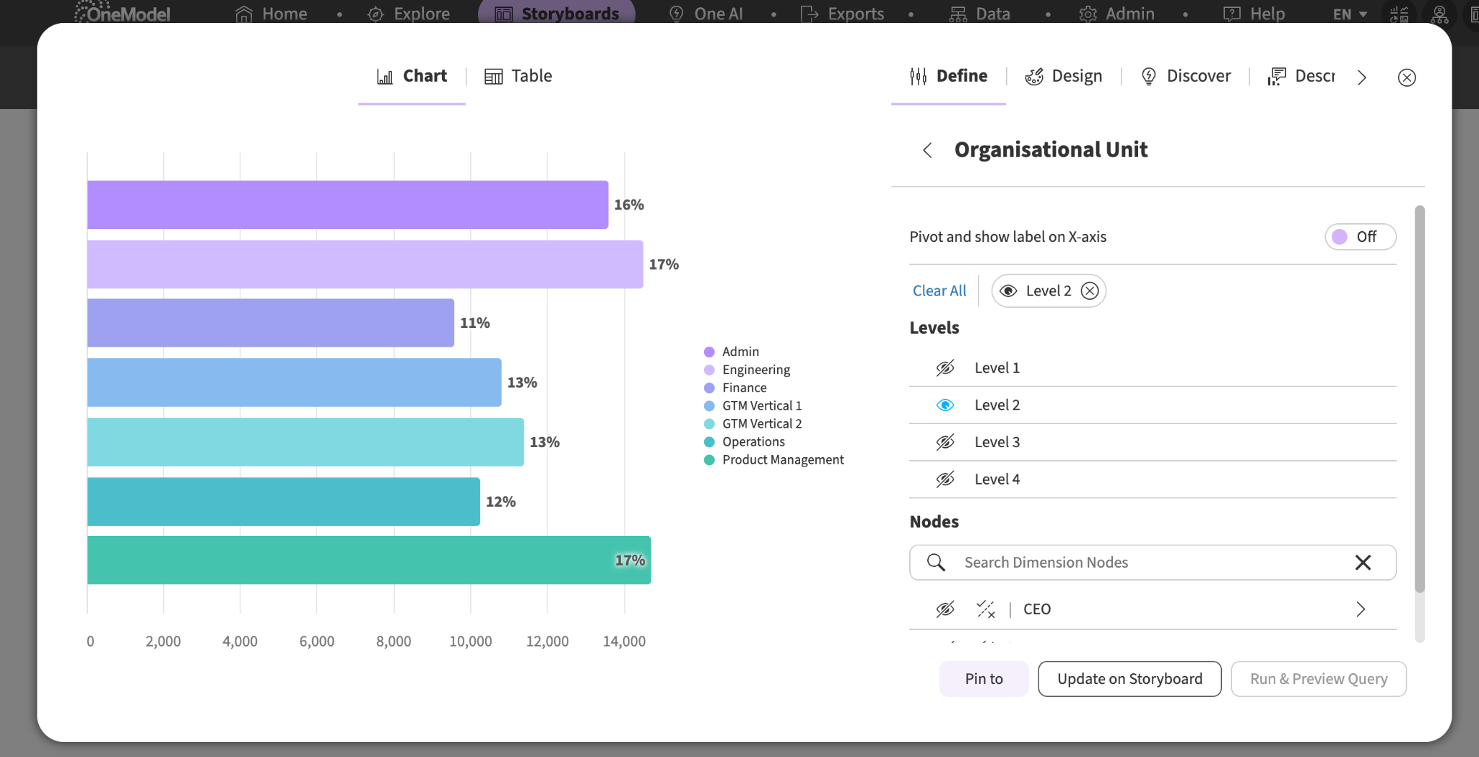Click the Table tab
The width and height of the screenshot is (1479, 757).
518,76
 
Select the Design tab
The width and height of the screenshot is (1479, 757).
1063,76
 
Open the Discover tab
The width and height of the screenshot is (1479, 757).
1185,76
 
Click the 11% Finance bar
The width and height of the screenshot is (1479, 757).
271,323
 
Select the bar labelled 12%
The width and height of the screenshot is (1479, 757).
284,501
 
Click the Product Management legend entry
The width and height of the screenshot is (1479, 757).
773,460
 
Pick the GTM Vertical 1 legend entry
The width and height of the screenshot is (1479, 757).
752,406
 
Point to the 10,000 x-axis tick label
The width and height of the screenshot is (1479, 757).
471,641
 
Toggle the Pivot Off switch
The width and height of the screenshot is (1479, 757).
1361,237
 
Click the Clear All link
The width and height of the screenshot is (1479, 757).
939,291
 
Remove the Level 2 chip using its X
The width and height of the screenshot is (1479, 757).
1090,291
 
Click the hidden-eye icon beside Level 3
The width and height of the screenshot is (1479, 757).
945,442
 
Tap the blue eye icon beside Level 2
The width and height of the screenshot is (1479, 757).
945,405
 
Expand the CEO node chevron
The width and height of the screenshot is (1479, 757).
1361,610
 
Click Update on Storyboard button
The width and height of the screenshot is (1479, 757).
1129,679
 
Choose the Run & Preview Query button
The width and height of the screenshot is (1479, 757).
1319,679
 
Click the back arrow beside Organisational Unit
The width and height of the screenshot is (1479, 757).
927,150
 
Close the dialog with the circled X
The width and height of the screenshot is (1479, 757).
1407,77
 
